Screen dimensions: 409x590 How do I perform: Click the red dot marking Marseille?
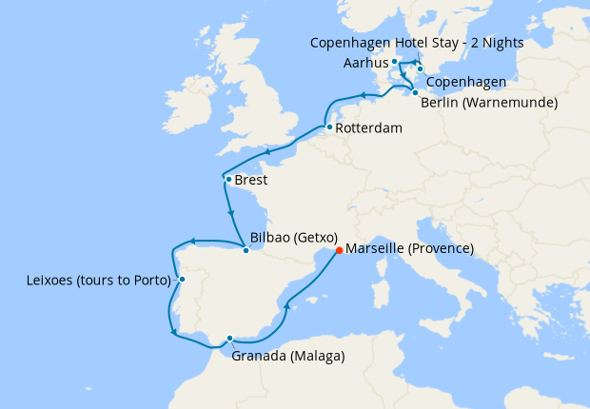coord(339,251)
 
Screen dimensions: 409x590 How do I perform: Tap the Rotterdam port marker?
coord(328,127)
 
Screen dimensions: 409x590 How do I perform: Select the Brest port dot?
coord(227,179)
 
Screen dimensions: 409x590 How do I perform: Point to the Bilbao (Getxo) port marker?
coord(246,250)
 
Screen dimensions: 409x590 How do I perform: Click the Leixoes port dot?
coord(182,280)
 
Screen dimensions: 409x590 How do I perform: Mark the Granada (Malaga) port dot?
coord(230,338)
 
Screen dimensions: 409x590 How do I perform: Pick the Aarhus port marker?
coord(394,61)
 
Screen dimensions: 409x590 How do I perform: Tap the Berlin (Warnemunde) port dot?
coord(415,92)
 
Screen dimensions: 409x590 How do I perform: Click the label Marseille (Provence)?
coord(410,249)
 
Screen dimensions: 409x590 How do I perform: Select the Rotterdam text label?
coord(368,128)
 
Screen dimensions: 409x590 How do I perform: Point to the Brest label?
coord(251,180)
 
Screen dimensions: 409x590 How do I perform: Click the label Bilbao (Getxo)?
coord(293,238)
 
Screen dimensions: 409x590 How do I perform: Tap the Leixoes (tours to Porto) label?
coord(99,281)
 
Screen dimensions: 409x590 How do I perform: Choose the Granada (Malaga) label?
coord(288,356)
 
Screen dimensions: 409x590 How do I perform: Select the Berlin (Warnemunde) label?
coord(488,102)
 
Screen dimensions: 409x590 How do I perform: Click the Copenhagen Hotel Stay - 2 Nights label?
coord(417,44)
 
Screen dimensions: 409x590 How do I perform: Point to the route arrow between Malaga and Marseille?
coord(286,306)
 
